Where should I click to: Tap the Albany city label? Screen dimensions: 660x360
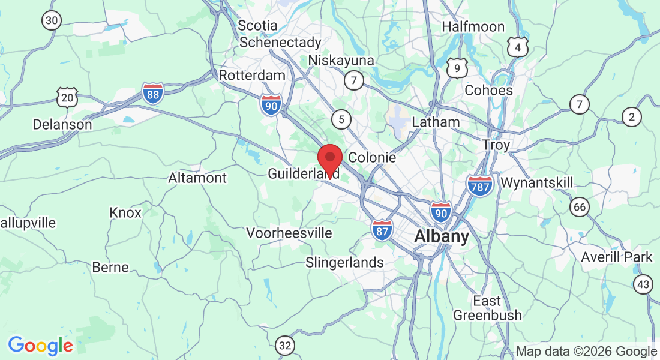point(442,236)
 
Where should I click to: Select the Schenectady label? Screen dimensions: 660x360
point(280,43)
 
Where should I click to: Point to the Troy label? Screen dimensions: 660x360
point(496,145)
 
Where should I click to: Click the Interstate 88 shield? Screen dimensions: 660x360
point(153,94)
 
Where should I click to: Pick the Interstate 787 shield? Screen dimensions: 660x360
point(479,185)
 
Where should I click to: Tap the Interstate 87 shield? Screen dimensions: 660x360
point(382,230)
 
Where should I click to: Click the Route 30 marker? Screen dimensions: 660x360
point(52,20)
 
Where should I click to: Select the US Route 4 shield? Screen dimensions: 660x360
point(517,47)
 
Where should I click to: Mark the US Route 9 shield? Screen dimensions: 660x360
point(457,68)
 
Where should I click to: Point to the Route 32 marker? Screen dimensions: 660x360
point(286,345)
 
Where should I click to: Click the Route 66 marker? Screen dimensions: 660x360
point(580,208)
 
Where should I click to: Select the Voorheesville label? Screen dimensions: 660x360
point(289,233)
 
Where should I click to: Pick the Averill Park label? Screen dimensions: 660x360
point(617,257)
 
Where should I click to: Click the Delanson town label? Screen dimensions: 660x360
point(62,125)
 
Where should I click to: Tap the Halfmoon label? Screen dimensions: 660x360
point(473,26)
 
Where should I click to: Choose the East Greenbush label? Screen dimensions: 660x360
point(487,308)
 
